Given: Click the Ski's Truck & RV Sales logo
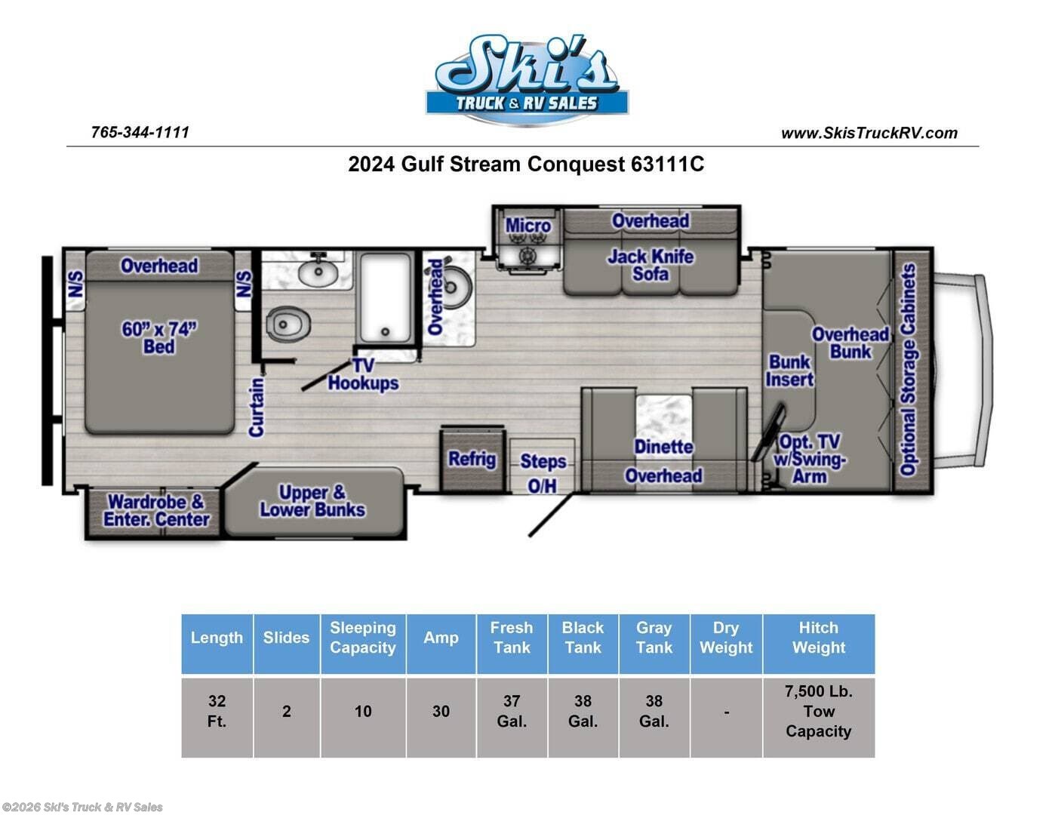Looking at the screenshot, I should tap(527, 78).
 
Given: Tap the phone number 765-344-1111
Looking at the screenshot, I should tap(140, 132).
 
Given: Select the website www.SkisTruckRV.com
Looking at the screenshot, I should tap(869, 134).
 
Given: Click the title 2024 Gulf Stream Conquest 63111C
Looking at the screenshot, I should tap(526, 165).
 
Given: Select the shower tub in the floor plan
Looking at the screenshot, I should tap(385, 298).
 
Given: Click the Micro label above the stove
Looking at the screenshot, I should tap(527, 226).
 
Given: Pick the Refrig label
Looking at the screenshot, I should tap(472, 459).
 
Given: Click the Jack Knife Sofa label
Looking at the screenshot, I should tap(651, 265).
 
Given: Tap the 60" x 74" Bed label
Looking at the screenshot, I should tap(159, 338).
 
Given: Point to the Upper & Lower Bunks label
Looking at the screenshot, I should tap(312, 501).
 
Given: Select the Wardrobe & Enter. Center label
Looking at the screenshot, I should tap(155, 511).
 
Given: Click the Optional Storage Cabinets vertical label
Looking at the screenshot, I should tap(909, 370).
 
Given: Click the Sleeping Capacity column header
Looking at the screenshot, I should tap(363, 638).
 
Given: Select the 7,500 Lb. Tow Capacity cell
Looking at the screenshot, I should tap(818, 711).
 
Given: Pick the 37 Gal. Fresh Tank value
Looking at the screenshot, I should tap(512, 711).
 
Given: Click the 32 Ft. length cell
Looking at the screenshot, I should tap(217, 711).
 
